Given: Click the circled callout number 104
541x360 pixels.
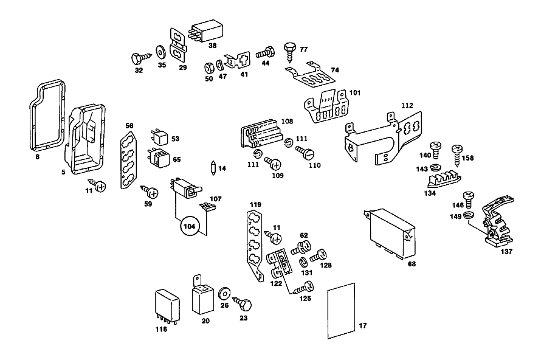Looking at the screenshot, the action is [x=189, y=226].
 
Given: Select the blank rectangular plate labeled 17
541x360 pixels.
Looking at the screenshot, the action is [x=341, y=311].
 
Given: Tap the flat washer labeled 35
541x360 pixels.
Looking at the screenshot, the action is [x=160, y=52].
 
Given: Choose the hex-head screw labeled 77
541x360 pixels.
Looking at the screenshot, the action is [x=289, y=52].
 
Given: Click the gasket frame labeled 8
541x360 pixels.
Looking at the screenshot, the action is [x=47, y=116].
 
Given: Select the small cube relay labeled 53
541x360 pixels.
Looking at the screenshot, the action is [x=159, y=137].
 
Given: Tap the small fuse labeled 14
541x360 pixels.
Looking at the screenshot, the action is [x=213, y=168].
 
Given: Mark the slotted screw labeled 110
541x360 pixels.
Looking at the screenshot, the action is [x=305, y=152].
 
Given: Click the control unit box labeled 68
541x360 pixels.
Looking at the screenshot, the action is [x=391, y=233].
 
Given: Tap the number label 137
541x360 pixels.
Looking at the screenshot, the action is [x=506, y=252].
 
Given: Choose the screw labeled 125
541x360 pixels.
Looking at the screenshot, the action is [x=303, y=288].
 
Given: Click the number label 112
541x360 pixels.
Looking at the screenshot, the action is [x=407, y=106].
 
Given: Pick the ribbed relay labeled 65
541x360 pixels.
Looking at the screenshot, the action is [x=159, y=157].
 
